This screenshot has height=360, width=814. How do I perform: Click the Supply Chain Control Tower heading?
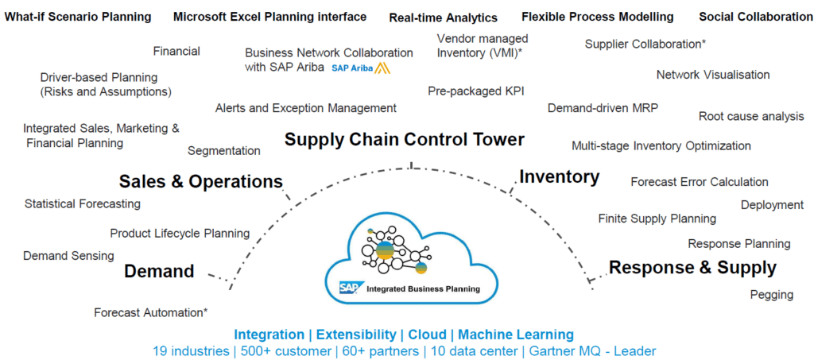coord(405,140)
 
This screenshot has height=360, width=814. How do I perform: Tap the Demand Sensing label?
coord(68,256)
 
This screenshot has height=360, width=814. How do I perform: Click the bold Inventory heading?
coord(559,176)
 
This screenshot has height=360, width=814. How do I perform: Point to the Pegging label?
coord(771,295)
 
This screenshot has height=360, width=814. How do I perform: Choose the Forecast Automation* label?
coord(151,312)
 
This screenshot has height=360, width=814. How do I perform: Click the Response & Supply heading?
coord(692,268)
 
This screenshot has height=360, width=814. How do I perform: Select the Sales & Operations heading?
coord(200,181)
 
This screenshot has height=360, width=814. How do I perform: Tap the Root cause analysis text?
coord(751,117)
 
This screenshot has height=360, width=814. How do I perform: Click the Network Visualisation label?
coord(713,75)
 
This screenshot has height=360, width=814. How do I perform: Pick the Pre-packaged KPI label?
coord(476,91)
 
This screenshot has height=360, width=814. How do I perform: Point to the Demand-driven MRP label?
coord(603,108)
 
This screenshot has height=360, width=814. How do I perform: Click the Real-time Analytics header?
coord(444,17)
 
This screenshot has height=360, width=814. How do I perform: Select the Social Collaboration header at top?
coord(756,17)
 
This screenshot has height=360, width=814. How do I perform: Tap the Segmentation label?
coord(224,150)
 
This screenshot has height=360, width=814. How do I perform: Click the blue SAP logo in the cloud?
coord(351,288)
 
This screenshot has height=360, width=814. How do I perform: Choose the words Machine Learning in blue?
coord(516,335)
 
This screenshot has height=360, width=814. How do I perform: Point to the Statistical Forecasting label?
coord(83,203)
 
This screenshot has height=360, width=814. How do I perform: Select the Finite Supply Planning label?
coord(657,219)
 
